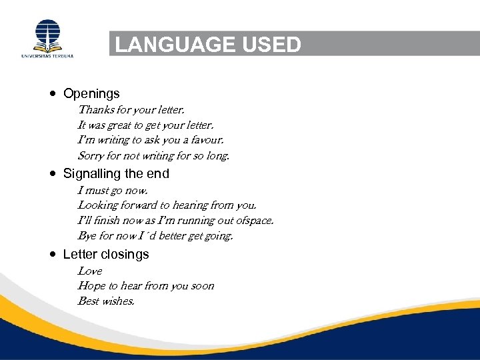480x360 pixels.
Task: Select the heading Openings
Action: click(x=91, y=93)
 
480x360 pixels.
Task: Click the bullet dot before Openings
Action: click(x=53, y=93)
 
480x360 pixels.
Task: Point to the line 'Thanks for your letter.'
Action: click(x=131, y=109)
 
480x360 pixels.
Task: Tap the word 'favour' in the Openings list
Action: click(x=206, y=140)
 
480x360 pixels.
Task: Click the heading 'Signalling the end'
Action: click(x=116, y=173)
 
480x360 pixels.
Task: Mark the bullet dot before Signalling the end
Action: click(x=53, y=173)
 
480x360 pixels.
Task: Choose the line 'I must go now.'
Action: click(x=109, y=190)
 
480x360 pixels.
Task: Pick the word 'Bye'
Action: click(x=87, y=236)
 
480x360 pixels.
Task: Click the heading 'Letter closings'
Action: click(x=106, y=254)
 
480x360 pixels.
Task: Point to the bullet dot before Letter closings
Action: click(x=53, y=254)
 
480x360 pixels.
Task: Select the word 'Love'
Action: click(x=90, y=271)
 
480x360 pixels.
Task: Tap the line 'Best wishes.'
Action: click(x=106, y=301)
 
